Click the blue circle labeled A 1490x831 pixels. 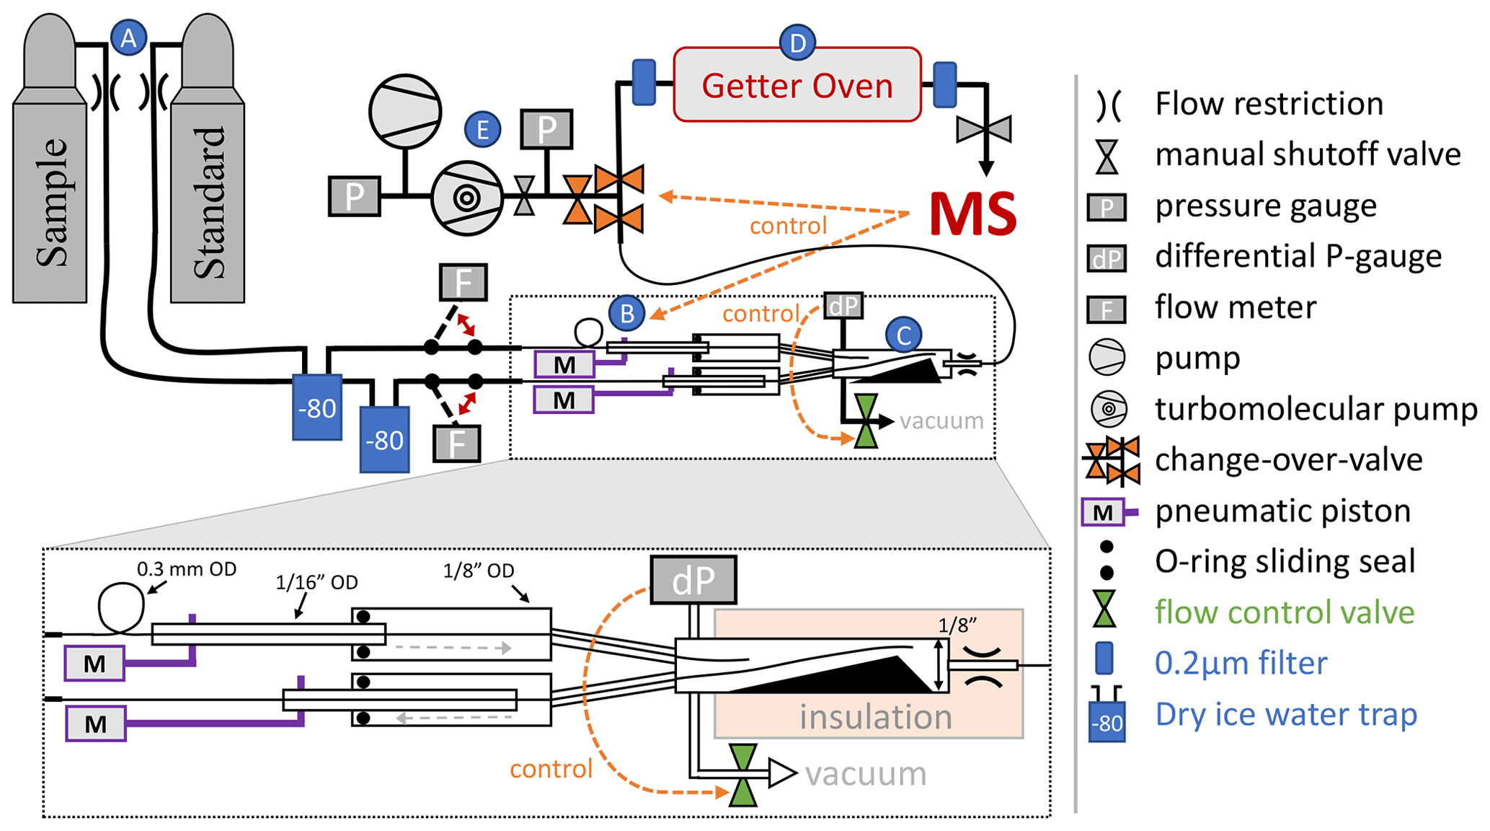click(128, 38)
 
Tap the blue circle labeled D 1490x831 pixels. click(797, 43)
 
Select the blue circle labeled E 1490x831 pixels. click(482, 130)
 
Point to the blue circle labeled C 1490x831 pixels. click(903, 335)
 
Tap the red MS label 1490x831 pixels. click(972, 214)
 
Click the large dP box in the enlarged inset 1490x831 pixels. click(693, 580)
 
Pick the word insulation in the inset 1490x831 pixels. click(875, 717)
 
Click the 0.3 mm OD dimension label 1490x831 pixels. click(187, 569)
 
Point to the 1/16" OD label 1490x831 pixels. click(316, 582)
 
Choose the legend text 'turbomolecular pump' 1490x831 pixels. click(1316, 409)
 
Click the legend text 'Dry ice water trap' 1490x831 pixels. click(1286, 714)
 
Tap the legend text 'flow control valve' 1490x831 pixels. click(1285, 612)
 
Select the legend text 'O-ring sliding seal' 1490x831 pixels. click(1285, 561)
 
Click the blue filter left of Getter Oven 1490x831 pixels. click(644, 83)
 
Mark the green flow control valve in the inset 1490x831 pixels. click(743, 775)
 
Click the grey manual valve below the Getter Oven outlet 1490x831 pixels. click(984, 130)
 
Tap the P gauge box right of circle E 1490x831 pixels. click(546, 130)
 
